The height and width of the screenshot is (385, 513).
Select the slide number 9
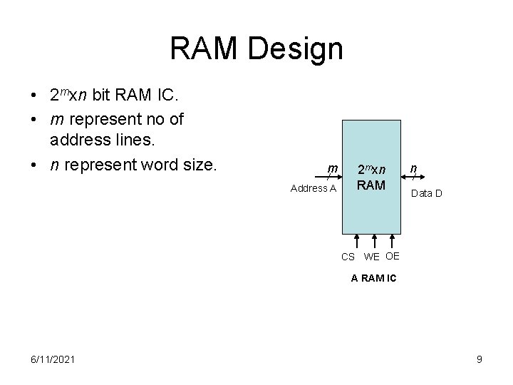[480, 359]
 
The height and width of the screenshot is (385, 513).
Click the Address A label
[313, 188]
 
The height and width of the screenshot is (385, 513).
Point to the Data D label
[426, 192]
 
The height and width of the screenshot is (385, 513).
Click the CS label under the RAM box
[348, 257]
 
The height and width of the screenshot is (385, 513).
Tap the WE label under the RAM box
[372, 257]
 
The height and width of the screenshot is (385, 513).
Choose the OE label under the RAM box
[393, 255]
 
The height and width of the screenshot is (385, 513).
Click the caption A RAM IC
[374, 278]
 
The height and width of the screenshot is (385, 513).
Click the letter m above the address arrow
[332, 169]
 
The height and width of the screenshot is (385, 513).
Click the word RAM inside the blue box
[371, 185]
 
